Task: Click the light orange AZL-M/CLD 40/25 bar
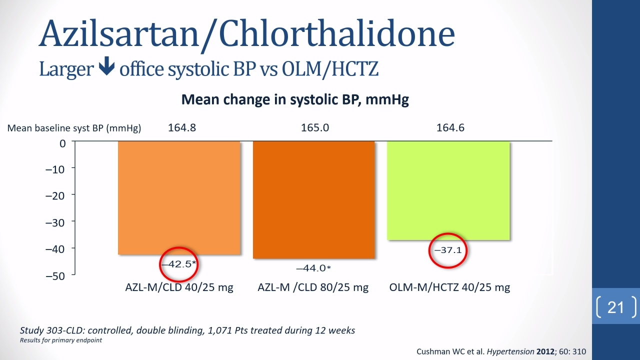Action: click(x=179, y=197)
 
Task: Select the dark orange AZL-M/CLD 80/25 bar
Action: click(x=313, y=199)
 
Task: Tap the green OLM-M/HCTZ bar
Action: click(x=448, y=190)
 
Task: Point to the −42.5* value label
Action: click(x=179, y=263)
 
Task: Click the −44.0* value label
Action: click(x=313, y=268)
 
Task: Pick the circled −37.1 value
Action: click(x=448, y=250)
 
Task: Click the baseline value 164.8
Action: click(x=182, y=127)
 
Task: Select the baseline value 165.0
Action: click(x=315, y=127)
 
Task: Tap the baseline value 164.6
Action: click(x=450, y=127)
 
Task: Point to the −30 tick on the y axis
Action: click(x=55, y=222)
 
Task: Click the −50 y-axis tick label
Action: click(x=55, y=276)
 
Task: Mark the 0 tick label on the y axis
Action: click(x=62, y=143)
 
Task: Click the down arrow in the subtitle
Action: click(x=106, y=66)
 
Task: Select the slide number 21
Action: click(x=615, y=307)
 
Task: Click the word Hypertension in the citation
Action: click(x=510, y=351)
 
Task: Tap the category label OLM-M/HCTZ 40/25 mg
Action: click(x=449, y=287)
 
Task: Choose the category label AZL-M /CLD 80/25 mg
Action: click(x=313, y=287)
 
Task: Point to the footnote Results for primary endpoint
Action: click(x=61, y=340)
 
